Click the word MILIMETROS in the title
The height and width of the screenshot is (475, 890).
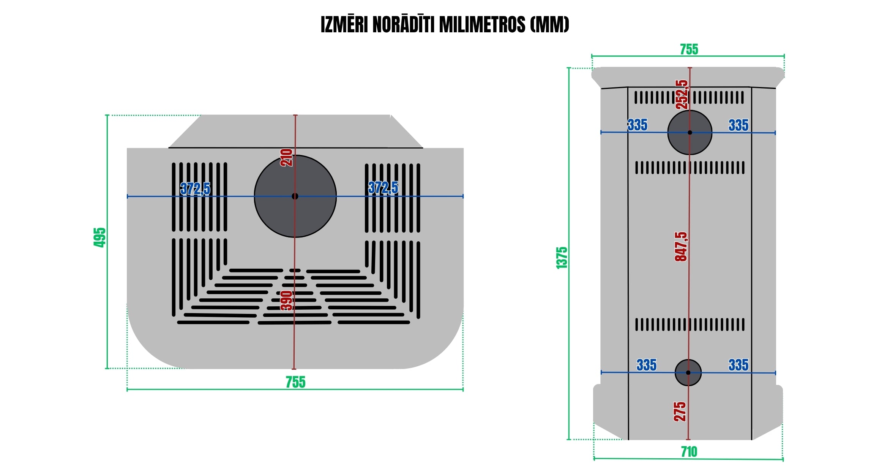[482, 25]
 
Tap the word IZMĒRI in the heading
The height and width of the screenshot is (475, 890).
[344, 25]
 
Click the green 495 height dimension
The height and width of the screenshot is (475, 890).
[99, 237]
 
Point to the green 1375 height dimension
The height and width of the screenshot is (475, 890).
[562, 258]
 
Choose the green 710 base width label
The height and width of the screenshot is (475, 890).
[689, 452]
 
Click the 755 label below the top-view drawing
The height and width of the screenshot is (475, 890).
[295, 382]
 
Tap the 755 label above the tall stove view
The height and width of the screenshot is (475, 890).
[689, 49]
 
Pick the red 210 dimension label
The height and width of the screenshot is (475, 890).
[287, 158]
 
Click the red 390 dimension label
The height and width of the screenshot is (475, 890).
[287, 301]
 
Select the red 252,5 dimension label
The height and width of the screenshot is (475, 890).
[682, 95]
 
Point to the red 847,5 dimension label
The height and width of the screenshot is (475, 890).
[681, 247]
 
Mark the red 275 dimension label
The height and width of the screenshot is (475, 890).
[680, 412]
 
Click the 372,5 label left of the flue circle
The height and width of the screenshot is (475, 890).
[195, 188]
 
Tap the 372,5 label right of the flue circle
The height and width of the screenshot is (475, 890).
[383, 188]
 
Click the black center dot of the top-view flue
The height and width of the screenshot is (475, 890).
[295, 196]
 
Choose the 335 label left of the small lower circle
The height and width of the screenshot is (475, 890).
[646, 365]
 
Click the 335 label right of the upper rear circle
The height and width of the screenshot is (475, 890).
[738, 125]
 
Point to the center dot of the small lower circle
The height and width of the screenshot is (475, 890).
[688, 373]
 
